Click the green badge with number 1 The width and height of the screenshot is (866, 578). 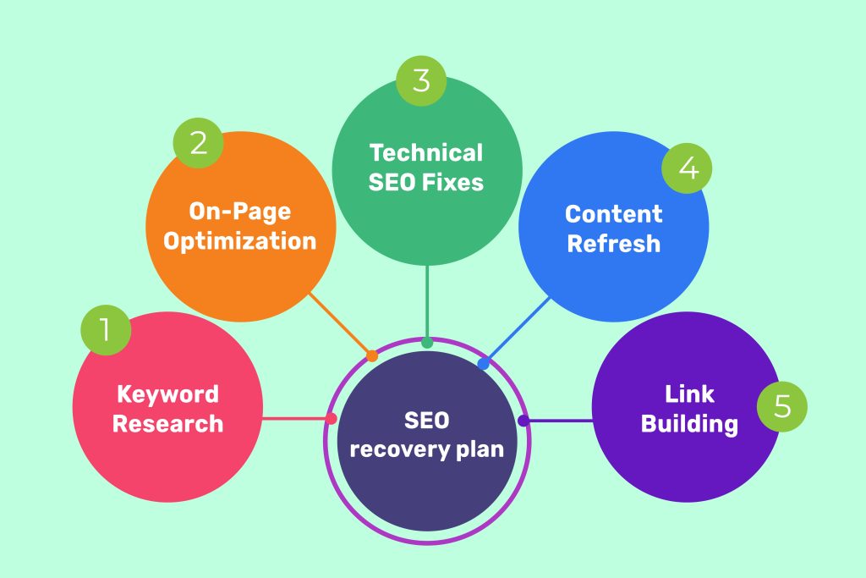(x=106, y=330)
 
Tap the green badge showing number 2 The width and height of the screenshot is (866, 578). (x=198, y=143)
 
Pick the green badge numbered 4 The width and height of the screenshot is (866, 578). (x=688, y=168)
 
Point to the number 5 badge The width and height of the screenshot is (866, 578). (x=782, y=406)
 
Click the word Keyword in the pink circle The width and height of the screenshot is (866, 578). (x=167, y=394)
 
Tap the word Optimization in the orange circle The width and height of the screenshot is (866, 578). (x=240, y=240)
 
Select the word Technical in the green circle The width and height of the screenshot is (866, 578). (x=426, y=153)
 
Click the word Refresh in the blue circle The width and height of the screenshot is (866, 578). (x=613, y=244)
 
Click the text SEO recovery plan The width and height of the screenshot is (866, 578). (x=426, y=434)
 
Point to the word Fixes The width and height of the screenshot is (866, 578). (x=455, y=182)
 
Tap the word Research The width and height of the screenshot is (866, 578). (x=167, y=423)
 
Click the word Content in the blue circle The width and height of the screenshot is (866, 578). (x=613, y=214)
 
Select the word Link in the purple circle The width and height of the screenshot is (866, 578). (x=689, y=394)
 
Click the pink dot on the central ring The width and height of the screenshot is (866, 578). (x=332, y=418)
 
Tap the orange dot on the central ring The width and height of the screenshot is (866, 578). (x=371, y=356)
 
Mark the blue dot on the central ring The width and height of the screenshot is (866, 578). (x=483, y=364)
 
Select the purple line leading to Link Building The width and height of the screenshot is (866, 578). (x=558, y=421)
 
